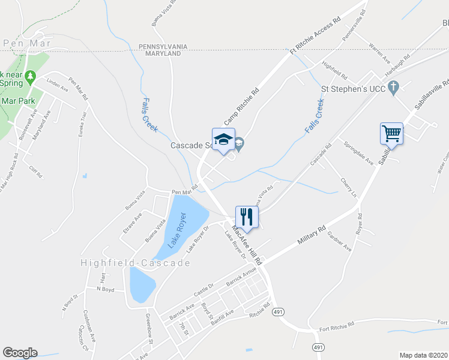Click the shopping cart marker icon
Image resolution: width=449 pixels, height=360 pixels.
coord(391,132)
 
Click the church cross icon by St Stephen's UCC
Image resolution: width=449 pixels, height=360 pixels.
coord(393,88)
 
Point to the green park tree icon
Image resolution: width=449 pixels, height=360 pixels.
coord(32,76)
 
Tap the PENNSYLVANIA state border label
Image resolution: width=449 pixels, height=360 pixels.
coord(163,46)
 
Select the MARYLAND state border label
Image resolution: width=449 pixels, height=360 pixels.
coord(163,53)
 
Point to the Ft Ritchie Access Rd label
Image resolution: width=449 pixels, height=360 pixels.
coord(315,36)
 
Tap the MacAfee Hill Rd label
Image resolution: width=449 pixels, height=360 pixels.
coord(247,245)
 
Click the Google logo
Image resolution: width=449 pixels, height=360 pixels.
coord(20,353)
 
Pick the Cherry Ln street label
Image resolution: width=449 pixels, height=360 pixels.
coord(348,187)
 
